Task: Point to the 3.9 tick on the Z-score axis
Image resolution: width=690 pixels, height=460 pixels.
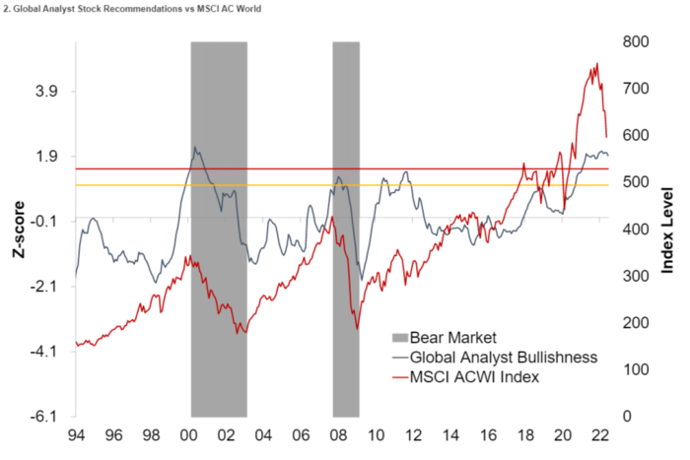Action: pos(46,91)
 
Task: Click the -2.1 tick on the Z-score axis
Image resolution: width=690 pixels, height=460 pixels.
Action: pos(45,286)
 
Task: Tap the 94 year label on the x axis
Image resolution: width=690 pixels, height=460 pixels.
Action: pos(76,435)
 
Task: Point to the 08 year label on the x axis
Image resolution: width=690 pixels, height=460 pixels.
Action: pos(337,435)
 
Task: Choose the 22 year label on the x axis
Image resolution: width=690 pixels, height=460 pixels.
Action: pos(598,435)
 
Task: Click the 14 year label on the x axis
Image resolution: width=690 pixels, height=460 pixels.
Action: pos(449,435)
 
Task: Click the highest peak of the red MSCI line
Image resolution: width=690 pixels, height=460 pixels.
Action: pos(596,65)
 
